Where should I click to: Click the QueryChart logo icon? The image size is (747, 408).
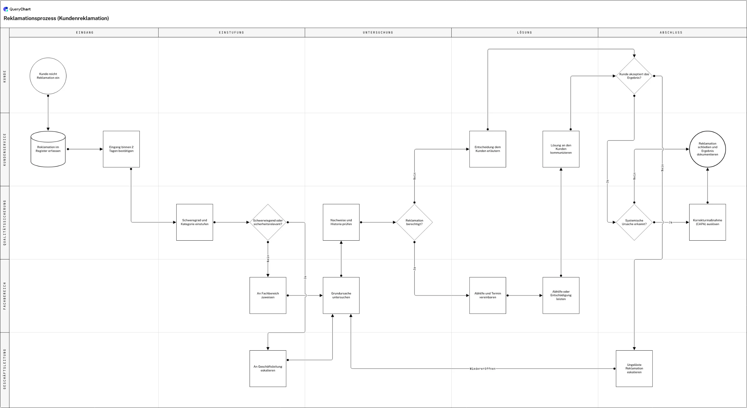pos(6,9)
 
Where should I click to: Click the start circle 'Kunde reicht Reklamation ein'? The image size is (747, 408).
pos(48,76)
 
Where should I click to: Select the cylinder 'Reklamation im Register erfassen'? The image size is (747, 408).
pos(48,149)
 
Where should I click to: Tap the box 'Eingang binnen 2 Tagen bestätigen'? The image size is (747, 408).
pos(121,149)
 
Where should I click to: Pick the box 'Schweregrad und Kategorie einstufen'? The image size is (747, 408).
pos(195,222)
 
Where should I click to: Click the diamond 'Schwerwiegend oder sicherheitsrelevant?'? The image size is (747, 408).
pos(268,222)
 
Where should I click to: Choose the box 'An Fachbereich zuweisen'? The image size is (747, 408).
pos(268,295)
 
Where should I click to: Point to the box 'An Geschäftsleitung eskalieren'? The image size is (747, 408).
pos(268,369)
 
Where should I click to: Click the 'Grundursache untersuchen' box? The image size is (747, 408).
pos(341,295)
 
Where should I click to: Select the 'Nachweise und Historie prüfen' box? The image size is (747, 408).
pos(341,222)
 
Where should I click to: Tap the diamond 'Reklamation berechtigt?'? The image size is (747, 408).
pos(415,222)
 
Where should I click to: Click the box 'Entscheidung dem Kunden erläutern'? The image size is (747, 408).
pos(488,149)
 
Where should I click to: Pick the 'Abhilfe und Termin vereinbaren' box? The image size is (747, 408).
pos(488,295)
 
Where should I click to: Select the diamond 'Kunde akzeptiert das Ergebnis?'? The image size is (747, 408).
pos(634,76)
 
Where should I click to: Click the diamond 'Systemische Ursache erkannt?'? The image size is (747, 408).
pos(634,222)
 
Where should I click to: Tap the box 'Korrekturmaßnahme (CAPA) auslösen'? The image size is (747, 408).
pos(707,222)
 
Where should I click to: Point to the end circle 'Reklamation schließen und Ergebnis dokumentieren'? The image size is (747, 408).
pos(707,149)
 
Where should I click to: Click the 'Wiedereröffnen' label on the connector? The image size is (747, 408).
pos(482,369)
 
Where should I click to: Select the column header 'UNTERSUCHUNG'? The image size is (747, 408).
pos(378,33)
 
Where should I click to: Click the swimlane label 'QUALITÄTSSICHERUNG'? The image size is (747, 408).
pos(4,223)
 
